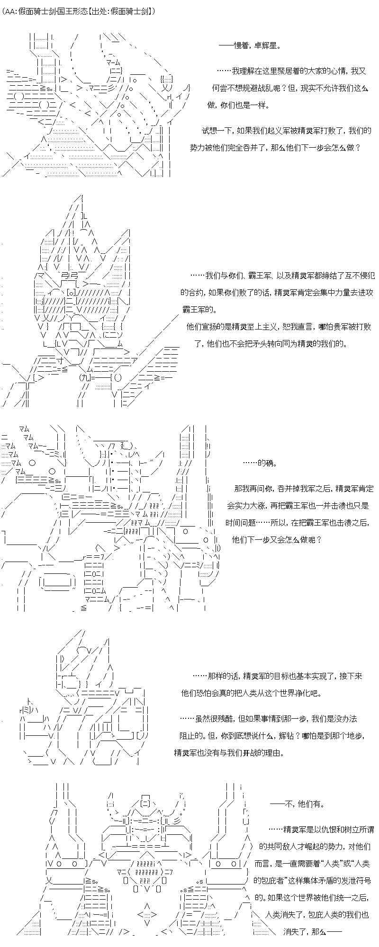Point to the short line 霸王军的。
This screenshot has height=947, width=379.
point(199,310)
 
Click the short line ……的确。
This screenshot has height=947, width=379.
point(260,463)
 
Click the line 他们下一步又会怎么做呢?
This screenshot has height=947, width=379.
point(277,539)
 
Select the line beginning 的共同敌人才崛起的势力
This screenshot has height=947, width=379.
point(314,847)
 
